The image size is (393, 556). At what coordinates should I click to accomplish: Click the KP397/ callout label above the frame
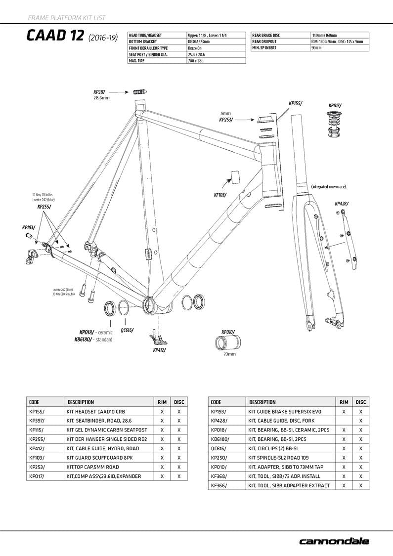(99, 92)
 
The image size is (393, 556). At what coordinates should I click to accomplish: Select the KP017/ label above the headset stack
(335, 105)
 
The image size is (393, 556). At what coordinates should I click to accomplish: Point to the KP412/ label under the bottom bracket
(159, 350)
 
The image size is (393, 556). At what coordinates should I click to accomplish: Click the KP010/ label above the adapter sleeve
(228, 332)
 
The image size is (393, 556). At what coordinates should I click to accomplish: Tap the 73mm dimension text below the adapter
(229, 354)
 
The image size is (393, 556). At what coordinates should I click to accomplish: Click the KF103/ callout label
(220, 195)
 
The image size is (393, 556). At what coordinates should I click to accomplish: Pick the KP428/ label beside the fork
(342, 204)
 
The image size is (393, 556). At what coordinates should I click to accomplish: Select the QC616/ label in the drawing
(127, 330)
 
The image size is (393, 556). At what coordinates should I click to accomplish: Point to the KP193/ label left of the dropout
(29, 227)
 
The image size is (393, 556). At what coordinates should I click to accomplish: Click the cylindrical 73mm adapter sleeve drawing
(228, 342)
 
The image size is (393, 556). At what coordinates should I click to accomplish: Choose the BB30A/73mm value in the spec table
(199, 42)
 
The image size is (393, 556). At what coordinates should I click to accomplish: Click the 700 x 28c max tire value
(196, 61)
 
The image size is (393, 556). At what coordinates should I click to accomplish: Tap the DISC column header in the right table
(361, 402)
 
